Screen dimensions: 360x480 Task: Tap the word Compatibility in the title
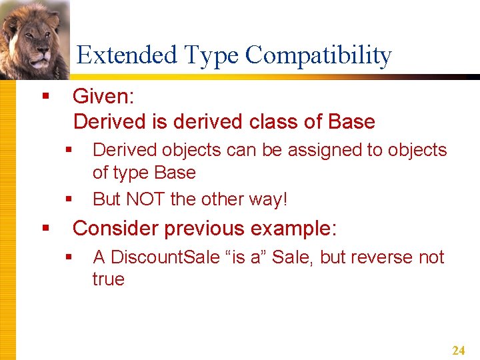(x=318, y=55)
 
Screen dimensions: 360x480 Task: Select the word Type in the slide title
(x=207, y=55)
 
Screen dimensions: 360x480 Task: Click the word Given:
(x=103, y=97)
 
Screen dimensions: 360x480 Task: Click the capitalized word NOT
(x=145, y=199)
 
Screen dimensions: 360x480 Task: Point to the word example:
(x=294, y=229)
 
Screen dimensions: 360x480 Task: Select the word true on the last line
(x=108, y=279)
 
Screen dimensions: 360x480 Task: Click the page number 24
(x=458, y=351)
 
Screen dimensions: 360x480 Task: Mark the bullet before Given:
(x=45, y=97)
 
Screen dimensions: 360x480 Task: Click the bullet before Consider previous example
(x=45, y=229)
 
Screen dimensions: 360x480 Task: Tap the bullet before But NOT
(x=68, y=199)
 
